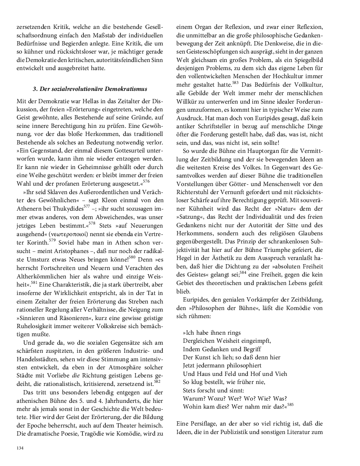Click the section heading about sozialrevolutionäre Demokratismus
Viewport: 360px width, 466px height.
point(90,89)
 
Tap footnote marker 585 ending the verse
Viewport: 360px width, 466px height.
point(290,405)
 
